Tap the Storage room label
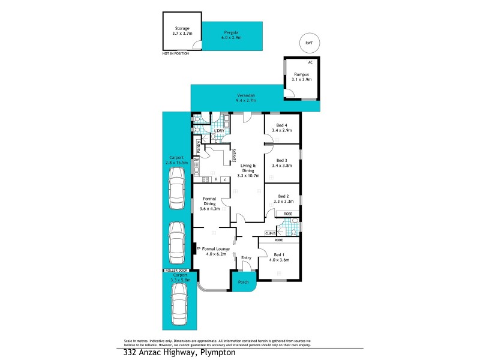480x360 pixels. pyautogui.click(x=182, y=28)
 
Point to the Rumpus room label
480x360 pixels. pyautogui.click(x=302, y=74)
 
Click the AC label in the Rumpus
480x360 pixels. pyautogui.click(x=310, y=62)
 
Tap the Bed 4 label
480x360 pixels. pyautogui.click(x=282, y=125)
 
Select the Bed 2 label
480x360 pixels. pyautogui.click(x=282, y=197)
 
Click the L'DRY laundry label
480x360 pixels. pyautogui.click(x=219, y=131)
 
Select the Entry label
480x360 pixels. pyautogui.click(x=246, y=258)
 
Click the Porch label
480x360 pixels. pyautogui.click(x=244, y=282)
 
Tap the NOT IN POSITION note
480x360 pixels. pyautogui.click(x=175, y=54)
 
